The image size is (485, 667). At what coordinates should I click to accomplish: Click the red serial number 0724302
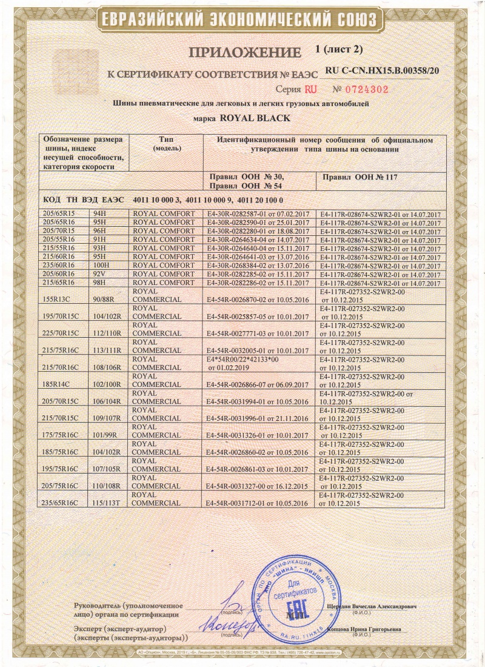point(359,89)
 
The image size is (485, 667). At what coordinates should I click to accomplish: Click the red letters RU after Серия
point(310,89)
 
